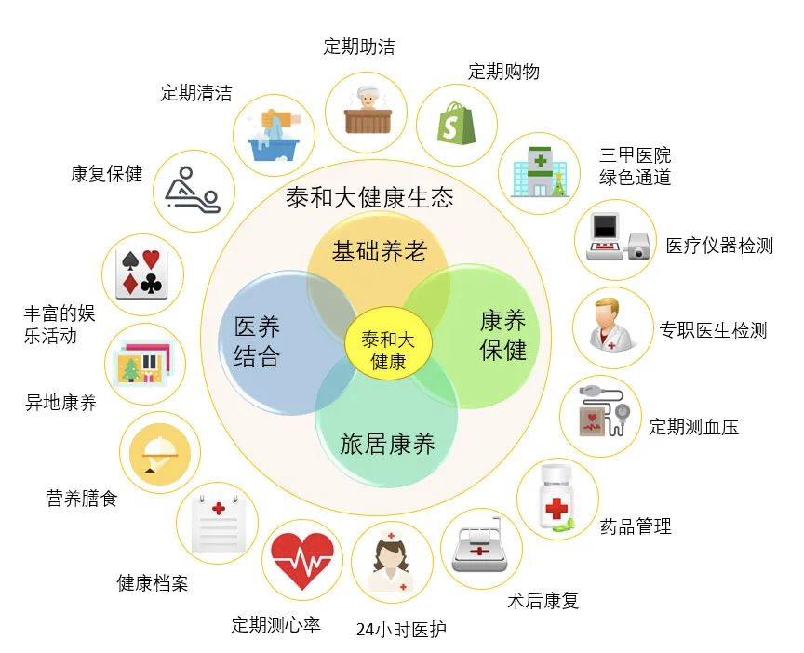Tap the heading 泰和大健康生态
point(369,197)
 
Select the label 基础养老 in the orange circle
point(380,250)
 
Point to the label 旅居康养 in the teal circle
point(387,444)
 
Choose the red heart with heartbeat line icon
point(302,560)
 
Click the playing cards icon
point(142,273)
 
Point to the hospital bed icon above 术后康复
point(480,548)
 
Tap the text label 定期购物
point(503,71)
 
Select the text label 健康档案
point(153,583)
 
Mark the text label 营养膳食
point(82,499)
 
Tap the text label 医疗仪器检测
point(719,246)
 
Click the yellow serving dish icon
point(160,452)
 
